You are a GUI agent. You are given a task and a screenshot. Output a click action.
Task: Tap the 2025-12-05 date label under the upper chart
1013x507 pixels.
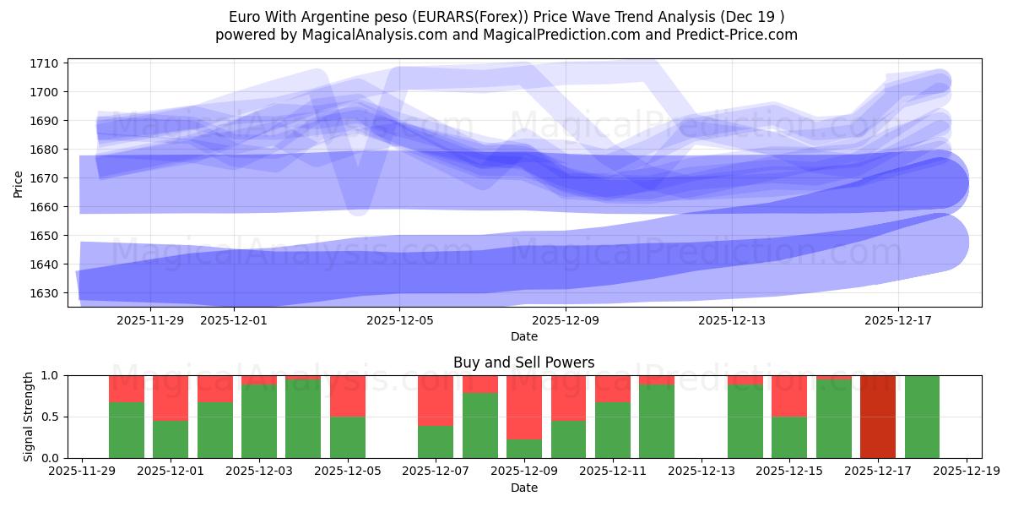coord(399,320)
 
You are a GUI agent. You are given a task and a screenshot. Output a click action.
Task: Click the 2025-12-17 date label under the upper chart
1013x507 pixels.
coord(898,320)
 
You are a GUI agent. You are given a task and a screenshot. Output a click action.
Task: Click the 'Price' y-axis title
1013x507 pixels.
coord(19,183)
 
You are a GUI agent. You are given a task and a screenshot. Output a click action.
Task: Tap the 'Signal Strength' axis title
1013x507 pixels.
coord(28,416)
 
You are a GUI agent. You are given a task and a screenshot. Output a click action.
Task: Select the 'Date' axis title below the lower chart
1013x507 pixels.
coord(523,488)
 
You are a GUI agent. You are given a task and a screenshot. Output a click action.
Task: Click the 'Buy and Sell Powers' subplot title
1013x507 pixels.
coord(523,363)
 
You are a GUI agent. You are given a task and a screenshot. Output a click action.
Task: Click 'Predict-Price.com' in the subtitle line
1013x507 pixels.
coord(735,35)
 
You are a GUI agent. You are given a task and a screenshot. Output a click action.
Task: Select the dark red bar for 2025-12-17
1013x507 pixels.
coord(878,417)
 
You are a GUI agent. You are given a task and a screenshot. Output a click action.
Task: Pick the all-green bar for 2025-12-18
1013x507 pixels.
coord(922,417)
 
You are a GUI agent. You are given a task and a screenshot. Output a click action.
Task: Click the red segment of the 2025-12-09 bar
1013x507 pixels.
coord(524,406)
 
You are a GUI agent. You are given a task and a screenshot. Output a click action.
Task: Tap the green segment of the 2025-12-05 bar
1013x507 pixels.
coord(348,437)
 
